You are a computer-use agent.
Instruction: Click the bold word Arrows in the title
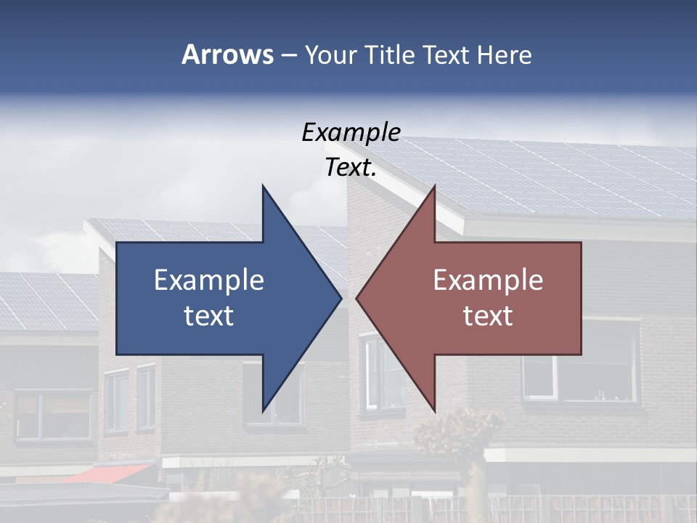click(227, 54)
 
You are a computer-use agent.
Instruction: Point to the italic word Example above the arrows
click(351, 132)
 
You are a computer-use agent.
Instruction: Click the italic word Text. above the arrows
click(351, 168)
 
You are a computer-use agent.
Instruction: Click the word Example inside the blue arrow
click(209, 280)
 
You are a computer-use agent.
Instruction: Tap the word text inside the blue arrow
click(209, 316)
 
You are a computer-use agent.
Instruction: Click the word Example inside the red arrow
click(488, 280)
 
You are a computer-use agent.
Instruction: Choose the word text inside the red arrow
click(488, 316)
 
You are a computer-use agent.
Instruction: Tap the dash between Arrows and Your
click(288, 55)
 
